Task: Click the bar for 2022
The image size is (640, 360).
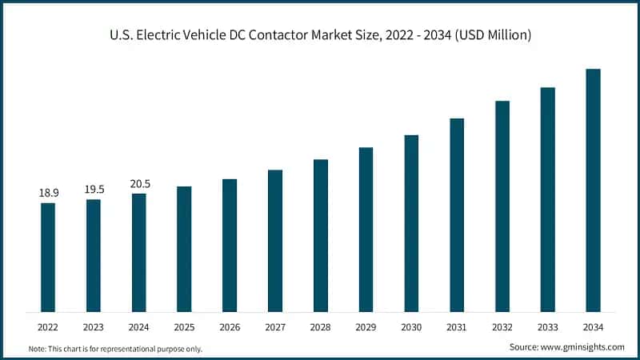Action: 48,257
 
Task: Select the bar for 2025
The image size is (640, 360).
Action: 184,249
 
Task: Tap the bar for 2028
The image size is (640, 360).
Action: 320,235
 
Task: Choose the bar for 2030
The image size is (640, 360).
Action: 411,223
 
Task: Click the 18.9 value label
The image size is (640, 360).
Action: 48,194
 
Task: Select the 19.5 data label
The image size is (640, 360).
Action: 94,190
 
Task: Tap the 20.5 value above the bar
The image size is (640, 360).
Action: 139,184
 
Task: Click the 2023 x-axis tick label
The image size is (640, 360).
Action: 94,327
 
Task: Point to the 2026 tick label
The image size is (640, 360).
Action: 230,327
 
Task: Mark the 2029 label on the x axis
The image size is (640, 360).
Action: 366,327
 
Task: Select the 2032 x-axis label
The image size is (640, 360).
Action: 502,327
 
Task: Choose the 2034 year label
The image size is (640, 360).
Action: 593,327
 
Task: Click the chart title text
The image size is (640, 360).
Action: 320,35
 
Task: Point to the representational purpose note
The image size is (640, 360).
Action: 115,349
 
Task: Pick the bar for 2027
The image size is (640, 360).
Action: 275,240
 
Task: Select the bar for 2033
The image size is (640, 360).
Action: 548,199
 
